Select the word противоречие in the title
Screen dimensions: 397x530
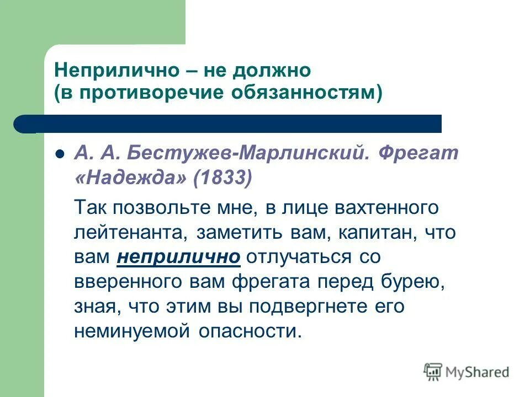(x=150, y=93)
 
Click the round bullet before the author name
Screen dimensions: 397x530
(x=61, y=154)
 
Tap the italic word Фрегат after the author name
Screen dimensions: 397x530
(x=418, y=153)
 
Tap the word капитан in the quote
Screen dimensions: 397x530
(x=373, y=232)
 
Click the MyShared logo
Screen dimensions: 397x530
(x=467, y=372)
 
